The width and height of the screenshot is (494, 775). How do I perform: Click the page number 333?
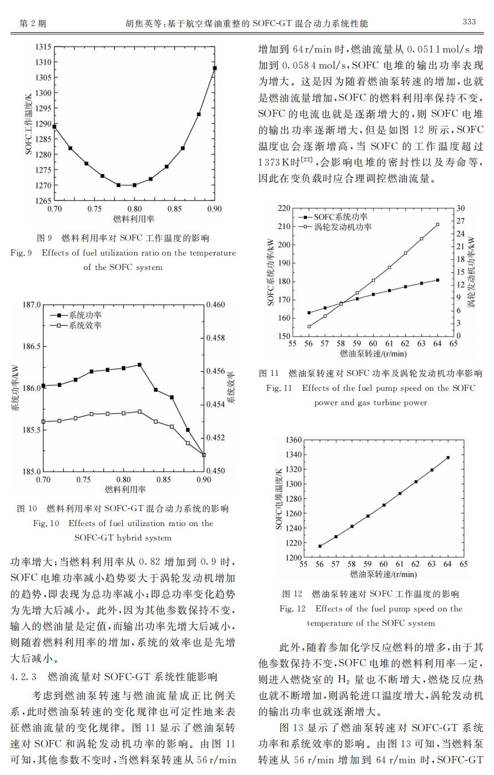(x=469, y=22)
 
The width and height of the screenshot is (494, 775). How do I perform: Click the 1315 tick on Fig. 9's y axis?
(x=43, y=47)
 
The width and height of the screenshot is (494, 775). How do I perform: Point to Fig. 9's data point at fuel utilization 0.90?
(x=215, y=68)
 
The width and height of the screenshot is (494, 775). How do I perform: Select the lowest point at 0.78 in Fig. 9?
(x=118, y=185)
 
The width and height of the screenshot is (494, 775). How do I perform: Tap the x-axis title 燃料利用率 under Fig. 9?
(x=134, y=218)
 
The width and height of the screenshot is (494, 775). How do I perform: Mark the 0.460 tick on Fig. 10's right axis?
(x=215, y=305)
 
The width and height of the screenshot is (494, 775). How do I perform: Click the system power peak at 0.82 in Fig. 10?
(x=140, y=365)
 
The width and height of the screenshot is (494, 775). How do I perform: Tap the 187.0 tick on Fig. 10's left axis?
(x=32, y=305)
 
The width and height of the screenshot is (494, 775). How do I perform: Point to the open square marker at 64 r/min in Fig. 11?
(x=438, y=225)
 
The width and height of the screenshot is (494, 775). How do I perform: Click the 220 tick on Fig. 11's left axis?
(x=284, y=208)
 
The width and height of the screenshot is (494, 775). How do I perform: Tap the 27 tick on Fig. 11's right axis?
(x=460, y=221)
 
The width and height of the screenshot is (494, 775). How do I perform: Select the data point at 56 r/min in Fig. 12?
(x=320, y=546)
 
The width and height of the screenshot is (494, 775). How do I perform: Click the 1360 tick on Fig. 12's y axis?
(x=294, y=440)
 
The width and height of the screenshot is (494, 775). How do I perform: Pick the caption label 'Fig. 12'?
(x=293, y=609)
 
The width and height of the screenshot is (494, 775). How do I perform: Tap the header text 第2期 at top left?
(x=33, y=23)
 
